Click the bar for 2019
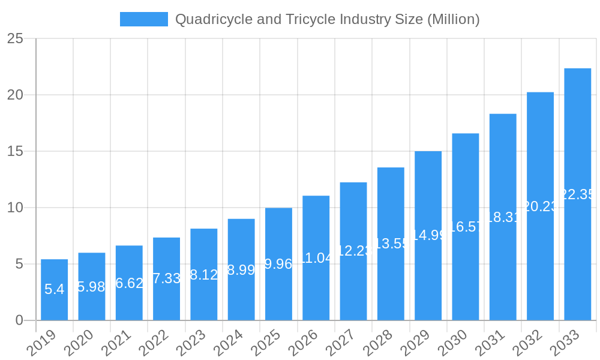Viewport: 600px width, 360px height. [54, 290]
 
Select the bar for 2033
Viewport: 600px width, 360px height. [577, 194]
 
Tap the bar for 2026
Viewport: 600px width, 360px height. [316, 258]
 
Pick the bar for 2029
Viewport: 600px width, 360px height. [428, 235]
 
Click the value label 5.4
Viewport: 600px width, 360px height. [54, 289]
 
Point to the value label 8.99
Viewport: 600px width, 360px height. [241, 270]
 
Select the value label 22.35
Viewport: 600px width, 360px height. [577, 194]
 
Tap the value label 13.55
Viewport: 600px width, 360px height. [391, 244]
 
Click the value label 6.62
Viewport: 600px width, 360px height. [129, 283]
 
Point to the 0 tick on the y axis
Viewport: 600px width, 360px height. [19, 320]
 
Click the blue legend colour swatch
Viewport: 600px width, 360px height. [144, 19]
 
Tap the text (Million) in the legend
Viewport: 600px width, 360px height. [453, 19]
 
